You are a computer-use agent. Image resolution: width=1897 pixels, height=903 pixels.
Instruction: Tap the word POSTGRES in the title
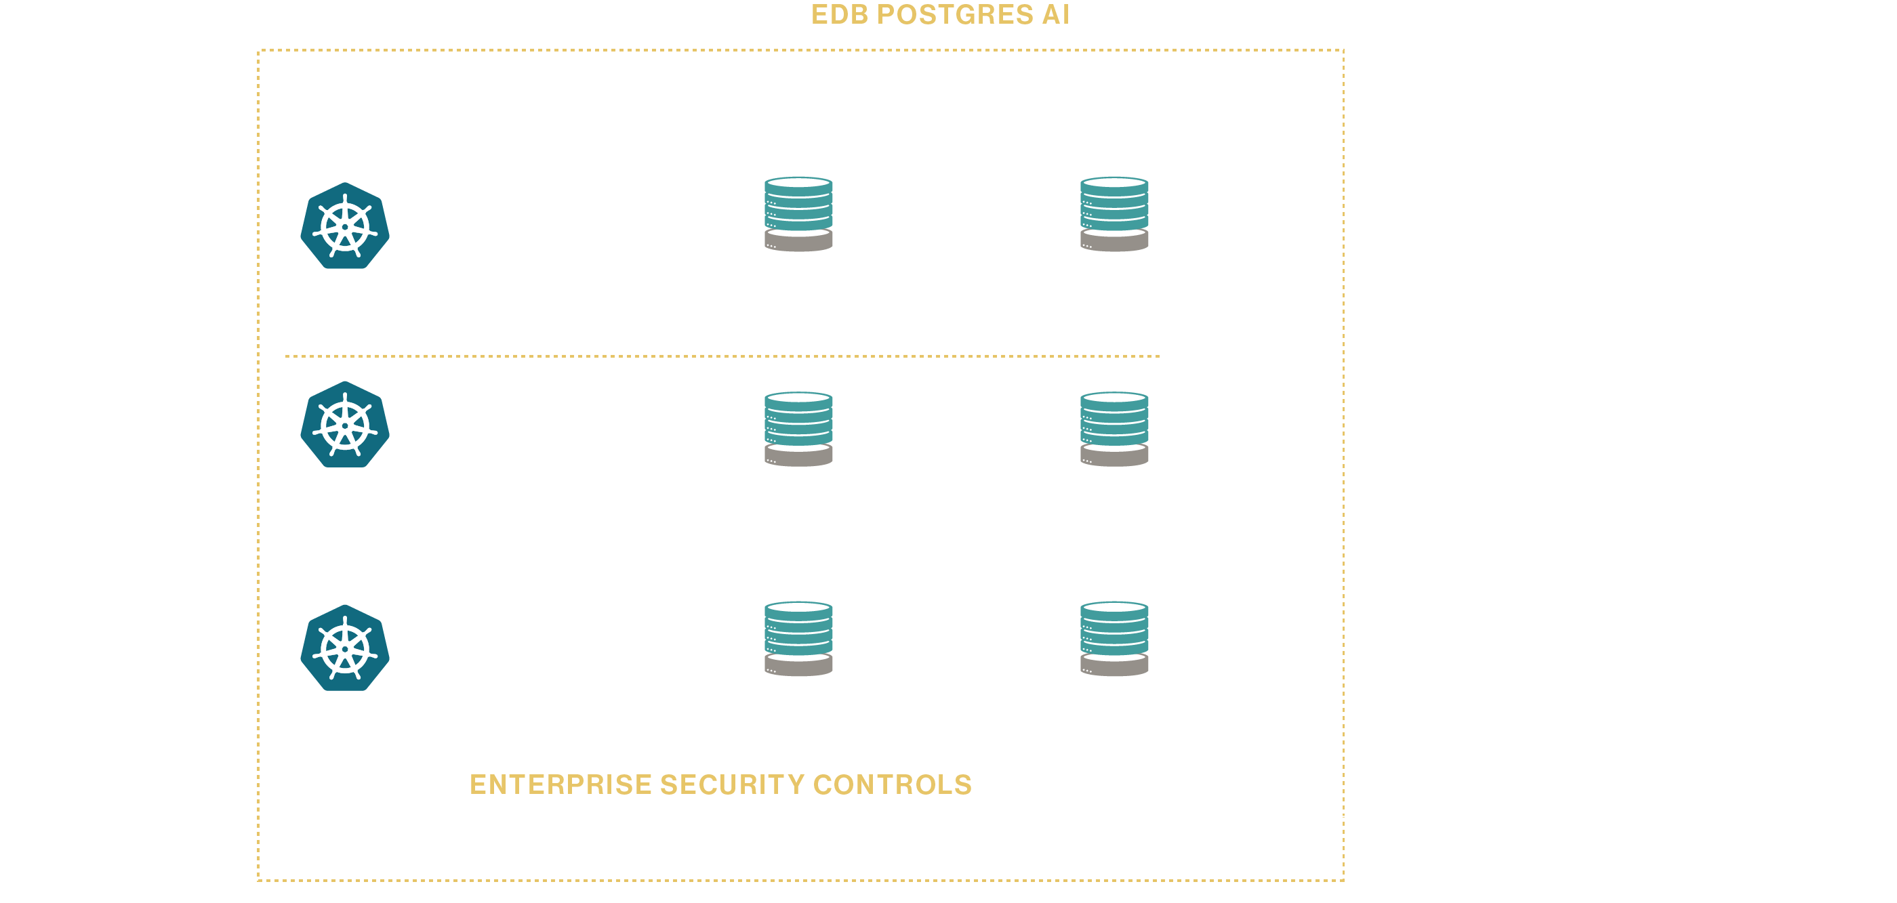pos(954,15)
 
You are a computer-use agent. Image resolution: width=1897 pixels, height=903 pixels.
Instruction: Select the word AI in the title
pos(1055,15)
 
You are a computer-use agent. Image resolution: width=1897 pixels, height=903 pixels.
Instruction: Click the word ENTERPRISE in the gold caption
pos(560,784)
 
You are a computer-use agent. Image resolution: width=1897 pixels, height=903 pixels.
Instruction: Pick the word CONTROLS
pos(893,784)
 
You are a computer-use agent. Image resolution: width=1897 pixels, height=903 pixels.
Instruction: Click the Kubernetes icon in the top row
pos(345,226)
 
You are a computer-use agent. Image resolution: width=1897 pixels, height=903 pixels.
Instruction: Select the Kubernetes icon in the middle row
pos(345,425)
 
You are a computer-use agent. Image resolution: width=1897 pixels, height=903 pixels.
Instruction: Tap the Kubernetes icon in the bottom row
pos(345,648)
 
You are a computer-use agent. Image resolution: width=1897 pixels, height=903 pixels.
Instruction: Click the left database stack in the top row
pos(798,213)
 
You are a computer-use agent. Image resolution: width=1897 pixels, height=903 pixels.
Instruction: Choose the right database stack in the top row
pos(1114,213)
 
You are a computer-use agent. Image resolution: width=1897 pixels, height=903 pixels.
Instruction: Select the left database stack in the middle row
pos(798,428)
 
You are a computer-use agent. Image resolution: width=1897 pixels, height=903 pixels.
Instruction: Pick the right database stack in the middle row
pos(1114,428)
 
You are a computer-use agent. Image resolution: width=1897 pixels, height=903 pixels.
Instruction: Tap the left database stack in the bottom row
pos(798,638)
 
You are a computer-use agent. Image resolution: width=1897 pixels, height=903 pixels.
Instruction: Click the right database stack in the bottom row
pos(1114,638)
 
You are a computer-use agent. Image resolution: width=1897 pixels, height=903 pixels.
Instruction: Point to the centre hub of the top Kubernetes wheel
pos(345,227)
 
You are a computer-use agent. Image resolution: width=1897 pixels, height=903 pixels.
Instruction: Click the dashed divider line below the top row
pos(722,356)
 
